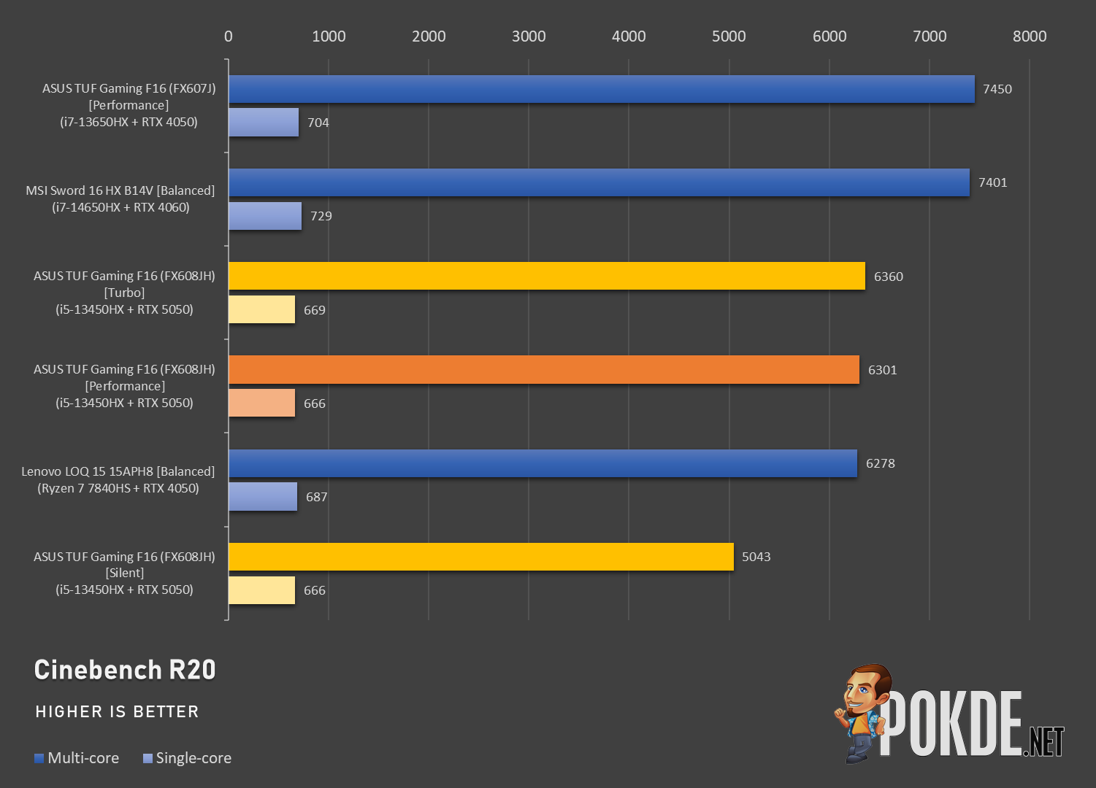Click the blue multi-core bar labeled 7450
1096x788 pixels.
coord(602,89)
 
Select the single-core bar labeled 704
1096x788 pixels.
coord(264,122)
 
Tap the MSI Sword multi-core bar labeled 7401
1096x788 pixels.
coord(599,182)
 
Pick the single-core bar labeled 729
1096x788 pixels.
coord(265,216)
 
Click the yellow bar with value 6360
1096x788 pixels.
coord(546,276)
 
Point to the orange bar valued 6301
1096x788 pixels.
coord(543,370)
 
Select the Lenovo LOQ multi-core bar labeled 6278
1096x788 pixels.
coord(543,463)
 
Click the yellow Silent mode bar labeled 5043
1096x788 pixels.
coord(481,556)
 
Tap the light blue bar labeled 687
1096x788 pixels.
coord(263,497)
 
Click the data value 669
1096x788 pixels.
coord(314,310)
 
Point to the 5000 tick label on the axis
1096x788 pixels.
coord(729,36)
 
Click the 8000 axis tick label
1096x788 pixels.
coord(1030,36)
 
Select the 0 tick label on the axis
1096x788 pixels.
coord(228,36)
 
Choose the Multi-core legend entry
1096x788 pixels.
coord(77,757)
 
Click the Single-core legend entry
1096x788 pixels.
coord(187,757)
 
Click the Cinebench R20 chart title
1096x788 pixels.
coord(125,670)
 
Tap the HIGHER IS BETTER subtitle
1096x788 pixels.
coord(117,711)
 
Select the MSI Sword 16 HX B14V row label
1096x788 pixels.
coord(120,199)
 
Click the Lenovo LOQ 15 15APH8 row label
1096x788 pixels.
coord(118,479)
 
